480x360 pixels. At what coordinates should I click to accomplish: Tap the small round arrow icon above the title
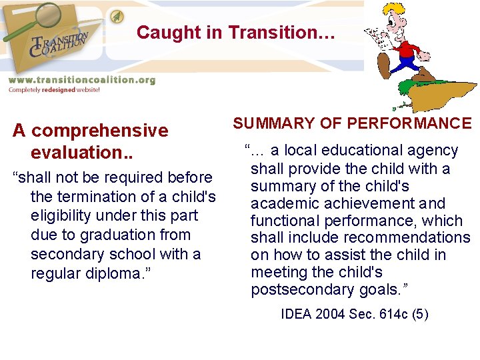(x=117, y=15)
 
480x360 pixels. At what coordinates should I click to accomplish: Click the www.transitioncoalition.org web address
(x=81, y=80)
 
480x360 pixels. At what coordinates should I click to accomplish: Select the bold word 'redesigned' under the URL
(x=60, y=90)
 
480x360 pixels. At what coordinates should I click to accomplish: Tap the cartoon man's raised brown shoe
(x=385, y=65)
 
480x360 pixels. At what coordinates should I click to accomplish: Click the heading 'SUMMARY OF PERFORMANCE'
(x=352, y=123)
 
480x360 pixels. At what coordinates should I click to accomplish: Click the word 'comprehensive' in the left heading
(x=100, y=131)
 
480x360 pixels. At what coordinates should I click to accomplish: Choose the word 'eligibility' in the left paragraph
(x=62, y=216)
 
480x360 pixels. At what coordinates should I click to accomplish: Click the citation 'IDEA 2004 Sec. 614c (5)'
(x=355, y=313)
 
